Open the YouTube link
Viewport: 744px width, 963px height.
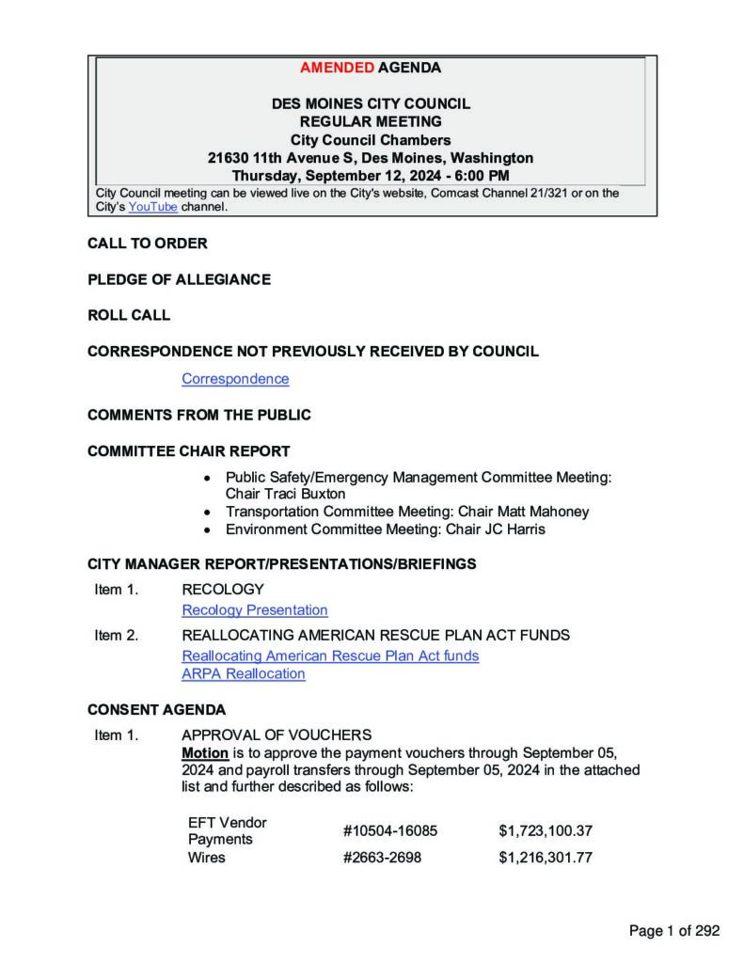coord(152,207)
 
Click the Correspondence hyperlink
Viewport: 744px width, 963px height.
coord(235,379)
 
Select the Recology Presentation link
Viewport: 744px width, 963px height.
coord(255,610)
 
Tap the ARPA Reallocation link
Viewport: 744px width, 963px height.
coord(244,674)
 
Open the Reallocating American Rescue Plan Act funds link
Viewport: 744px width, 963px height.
coord(330,655)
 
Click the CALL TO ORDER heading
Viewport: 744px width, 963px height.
coord(148,244)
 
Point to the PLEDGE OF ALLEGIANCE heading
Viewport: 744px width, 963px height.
coord(179,279)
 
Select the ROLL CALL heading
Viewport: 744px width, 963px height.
coord(129,315)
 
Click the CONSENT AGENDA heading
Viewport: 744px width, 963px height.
coord(156,710)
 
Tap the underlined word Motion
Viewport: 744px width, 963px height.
coord(205,753)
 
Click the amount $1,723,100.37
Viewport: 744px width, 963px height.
coord(546,831)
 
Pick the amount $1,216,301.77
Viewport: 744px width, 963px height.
coord(546,858)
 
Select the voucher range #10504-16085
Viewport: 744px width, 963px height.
coord(390,831)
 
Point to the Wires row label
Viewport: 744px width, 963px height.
coord(207,858)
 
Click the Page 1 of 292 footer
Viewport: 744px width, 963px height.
coord(673,931)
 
